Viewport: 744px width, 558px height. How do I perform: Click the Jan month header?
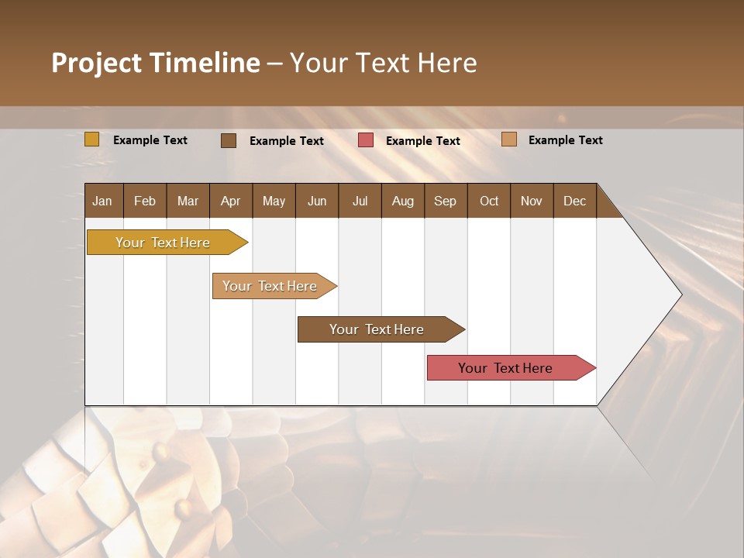[102, 201]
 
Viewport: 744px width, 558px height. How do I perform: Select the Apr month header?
[230, 201]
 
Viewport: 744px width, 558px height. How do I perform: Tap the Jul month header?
[360, 201]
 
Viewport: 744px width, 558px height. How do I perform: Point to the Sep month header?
[445, 201]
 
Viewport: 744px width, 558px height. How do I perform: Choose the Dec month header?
[574, 201]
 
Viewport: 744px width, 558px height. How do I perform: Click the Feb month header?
[145, 201]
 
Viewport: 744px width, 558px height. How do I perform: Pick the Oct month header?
[489, 201]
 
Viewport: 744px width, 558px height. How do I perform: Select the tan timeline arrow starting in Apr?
[270, 286]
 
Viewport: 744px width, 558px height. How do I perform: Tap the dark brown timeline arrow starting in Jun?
[377, 329]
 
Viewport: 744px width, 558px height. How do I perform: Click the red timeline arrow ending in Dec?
[506, 368]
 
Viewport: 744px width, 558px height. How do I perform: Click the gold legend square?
[91, 139]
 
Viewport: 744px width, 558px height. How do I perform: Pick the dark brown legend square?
[229, 140]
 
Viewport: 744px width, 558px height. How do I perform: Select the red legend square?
[366, 140]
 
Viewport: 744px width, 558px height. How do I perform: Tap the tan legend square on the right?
[508, 139]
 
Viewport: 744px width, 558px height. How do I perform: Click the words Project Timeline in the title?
[155, 63]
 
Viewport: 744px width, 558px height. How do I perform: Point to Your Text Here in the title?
[383, 63]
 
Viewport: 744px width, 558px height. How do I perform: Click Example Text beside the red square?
[422, 140]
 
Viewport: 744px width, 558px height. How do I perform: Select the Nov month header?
[531, 201]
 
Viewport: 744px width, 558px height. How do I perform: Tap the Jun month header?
[317, 201]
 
